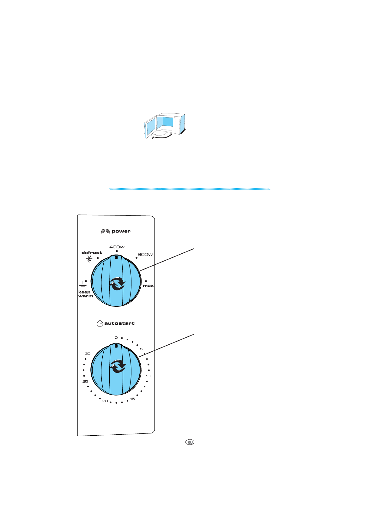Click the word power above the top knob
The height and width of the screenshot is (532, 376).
point(121,231)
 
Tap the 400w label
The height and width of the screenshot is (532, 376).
point(117,247)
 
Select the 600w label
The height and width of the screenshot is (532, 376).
point(145,255)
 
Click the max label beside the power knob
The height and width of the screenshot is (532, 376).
point(148,286)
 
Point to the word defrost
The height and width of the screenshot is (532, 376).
point(92,252)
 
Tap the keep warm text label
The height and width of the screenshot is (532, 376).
point(85,294)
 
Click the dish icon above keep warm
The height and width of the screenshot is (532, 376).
point(83,284)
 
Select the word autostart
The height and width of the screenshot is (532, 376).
point(119,323)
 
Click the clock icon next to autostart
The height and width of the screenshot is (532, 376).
point(100,323)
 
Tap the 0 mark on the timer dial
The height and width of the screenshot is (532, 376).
point(116,338)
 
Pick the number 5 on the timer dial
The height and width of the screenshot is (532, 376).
point(141,349)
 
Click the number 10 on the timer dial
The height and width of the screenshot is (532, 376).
point(148,376)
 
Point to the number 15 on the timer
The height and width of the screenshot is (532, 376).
point(132,399)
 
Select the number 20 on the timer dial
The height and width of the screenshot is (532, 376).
point(105,401)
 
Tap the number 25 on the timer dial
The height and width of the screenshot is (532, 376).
point(85,382)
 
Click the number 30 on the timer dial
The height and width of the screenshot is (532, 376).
point(88,354)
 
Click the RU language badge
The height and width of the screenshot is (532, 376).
point(190,442)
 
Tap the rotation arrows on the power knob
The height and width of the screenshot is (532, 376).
point(117,283)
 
